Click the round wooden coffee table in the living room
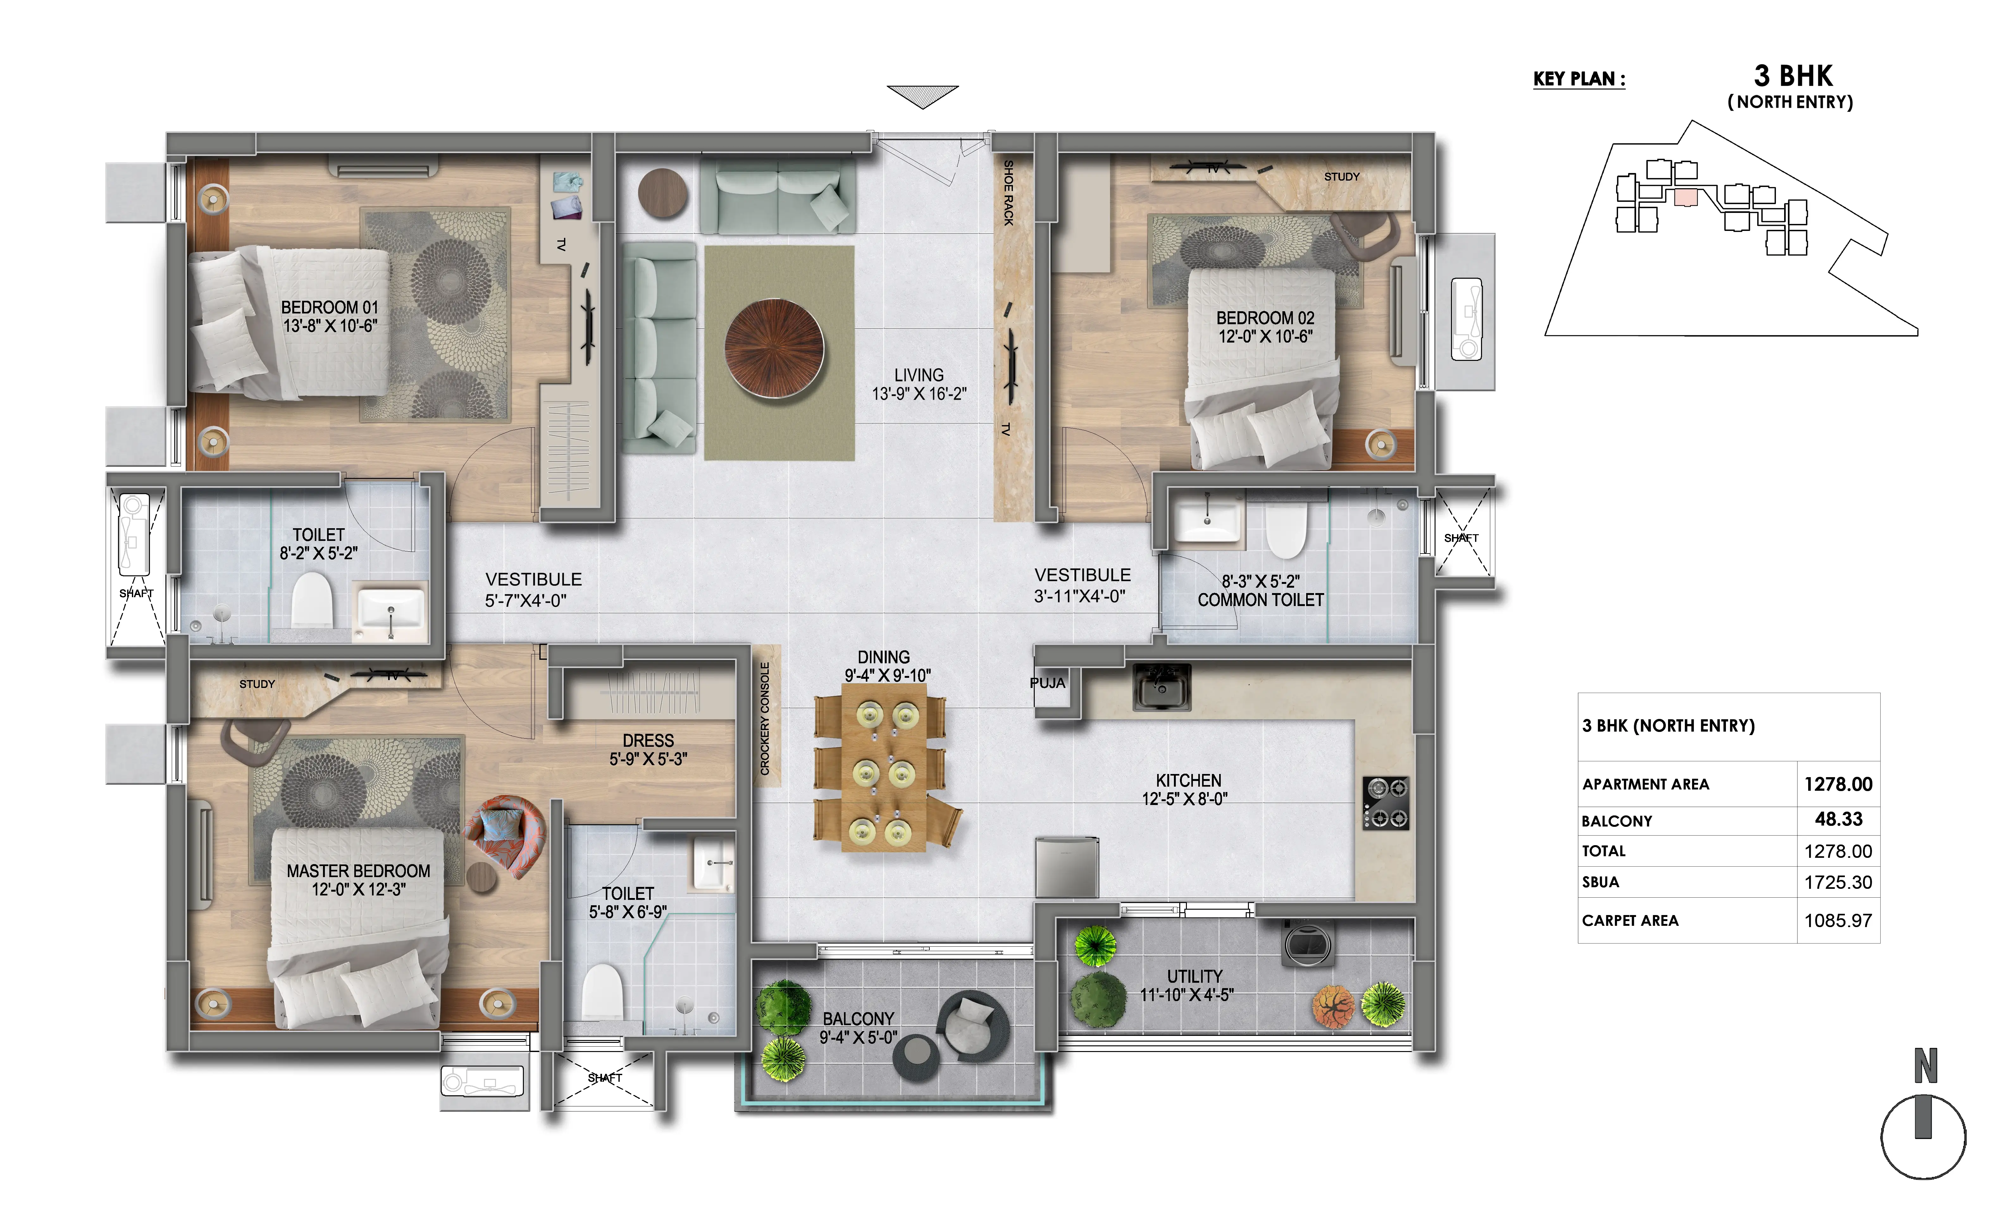774,349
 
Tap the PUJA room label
1047,683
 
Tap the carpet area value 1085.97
1838,920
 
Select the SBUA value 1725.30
1838,882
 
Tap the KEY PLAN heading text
1579,79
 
